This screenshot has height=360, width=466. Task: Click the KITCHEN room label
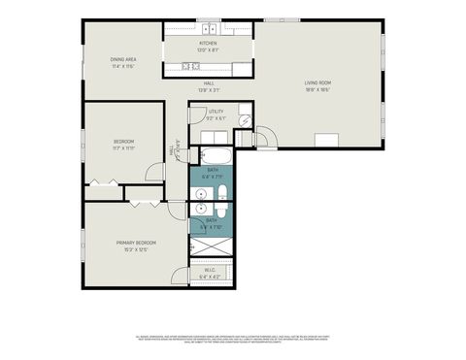click(208, 44)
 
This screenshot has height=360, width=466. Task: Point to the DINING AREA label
click(122, 59)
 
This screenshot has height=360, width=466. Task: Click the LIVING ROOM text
click(319, 83)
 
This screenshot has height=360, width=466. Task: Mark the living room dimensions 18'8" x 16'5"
click(319, 90)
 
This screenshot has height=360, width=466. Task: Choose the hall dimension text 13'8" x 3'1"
click(209, 90)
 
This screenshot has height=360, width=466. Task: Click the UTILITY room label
click(216, 112)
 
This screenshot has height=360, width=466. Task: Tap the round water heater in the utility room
click(246, 121)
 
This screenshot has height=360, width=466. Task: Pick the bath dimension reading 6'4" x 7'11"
click(213, 177)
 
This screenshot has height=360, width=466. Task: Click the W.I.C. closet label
click(210, 271)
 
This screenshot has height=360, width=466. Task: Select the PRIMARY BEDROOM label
click(137, 243)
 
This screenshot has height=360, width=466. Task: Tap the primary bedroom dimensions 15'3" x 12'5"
click(137, 249)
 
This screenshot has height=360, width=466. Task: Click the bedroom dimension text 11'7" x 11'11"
click(123, 148)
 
